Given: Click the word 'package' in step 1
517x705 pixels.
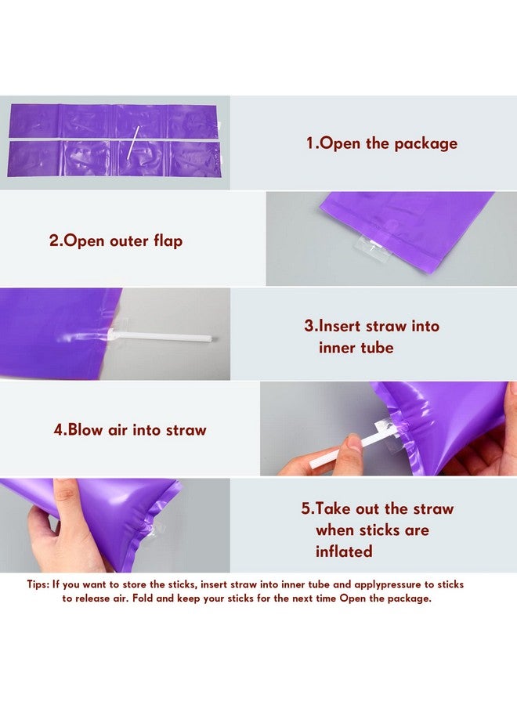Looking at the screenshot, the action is coord(425,144).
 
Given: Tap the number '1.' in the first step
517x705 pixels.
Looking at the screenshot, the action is coord(313,143).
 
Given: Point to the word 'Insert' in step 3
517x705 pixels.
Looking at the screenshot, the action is coord(340,326).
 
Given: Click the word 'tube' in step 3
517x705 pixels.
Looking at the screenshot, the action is coord(377,348).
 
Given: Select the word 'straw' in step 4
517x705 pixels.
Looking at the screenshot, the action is coord(186,430).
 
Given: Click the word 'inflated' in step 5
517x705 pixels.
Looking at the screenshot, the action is coord(344,551).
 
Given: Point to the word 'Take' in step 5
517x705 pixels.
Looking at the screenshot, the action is coord(333,508).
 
